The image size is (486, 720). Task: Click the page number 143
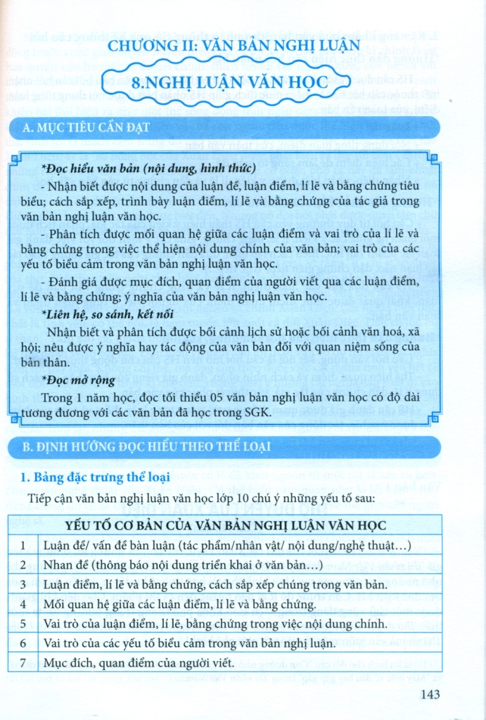(x=428, y=695)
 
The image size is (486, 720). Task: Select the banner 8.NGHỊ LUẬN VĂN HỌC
(x=230, y=82)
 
